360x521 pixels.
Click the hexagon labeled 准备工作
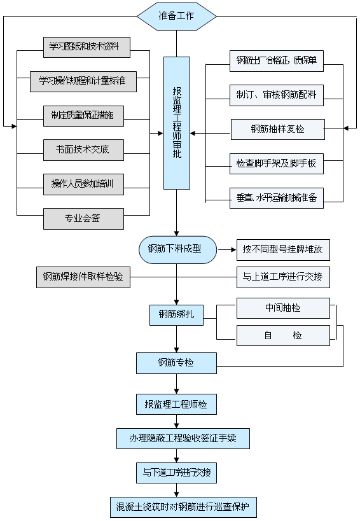[x=177, y=16]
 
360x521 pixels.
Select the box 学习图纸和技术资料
[x=83, y=46]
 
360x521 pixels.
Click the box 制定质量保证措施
[x=83, y=115]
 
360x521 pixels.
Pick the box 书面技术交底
[x=83, y=149]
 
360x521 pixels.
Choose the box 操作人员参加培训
[x=83, y=184]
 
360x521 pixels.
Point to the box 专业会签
[x=83, y=218]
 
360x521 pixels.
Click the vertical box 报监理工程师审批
[x=177, y=123]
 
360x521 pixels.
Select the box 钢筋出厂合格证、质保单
[x=277, y=61]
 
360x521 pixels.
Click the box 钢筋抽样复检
[x=277, y=129]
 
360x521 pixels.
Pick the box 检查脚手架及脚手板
[x=277, y=163]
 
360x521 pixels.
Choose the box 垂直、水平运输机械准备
[x=277, y=197]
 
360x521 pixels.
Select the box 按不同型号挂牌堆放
[x=283, y=249]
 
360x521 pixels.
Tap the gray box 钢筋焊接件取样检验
[x=83, y=277]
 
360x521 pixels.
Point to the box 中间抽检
[x=283, y=308]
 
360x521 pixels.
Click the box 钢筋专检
[x=176, y=363]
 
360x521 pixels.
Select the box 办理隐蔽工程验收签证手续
[x=183, y=438]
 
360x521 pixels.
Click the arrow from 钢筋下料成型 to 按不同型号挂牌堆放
[x=226, y=249]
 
